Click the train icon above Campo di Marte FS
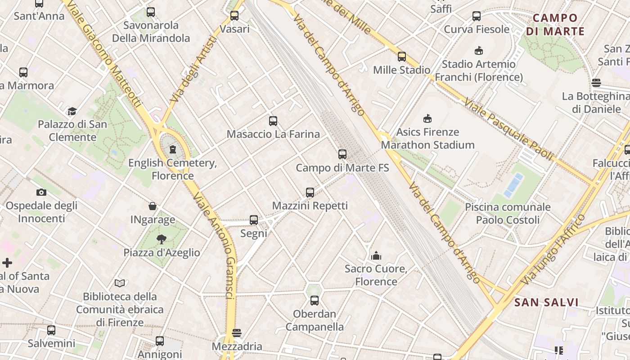pyautogui.click(x=342, y=154)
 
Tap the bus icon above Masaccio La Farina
pyautogui.click(x=273, y=121)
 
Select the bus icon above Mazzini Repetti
pyautogui.click(x=310, y=193)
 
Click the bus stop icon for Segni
pyautogui.click(x=254, y=220)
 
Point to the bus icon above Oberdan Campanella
pyautogui.click(x=315, y=301)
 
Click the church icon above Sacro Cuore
pyautogui.click(x=376, y=256)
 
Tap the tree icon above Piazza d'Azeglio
pyautogui.click(x=162, y=239)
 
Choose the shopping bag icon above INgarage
pyautogui.click(x=153, y=207)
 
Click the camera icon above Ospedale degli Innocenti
pyautogui.click(x=41, y=192)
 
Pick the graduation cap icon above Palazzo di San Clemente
pyautogui.click(x=72, y=111)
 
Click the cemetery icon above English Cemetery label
pyautogui.click(x=173, y=149)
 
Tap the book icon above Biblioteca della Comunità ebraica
pyautogui.click(x=120, y=283)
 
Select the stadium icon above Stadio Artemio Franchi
pyautogui.click(x=479, y=51)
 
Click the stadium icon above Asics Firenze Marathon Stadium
pyautogui.click(x=427, y=119)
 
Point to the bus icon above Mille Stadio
pyautogui.click(x=402, y=57)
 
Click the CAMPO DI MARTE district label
pyautogui.click(x=555, y=25)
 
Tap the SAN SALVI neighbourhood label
pyautogui.click(x=546, y=302)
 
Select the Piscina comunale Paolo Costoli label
pyautogui.click(x=508, y=214)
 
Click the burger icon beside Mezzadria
pyautogui.click(x=237, y=333)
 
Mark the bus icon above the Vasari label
pyautogui.click(x=234, y=16)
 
